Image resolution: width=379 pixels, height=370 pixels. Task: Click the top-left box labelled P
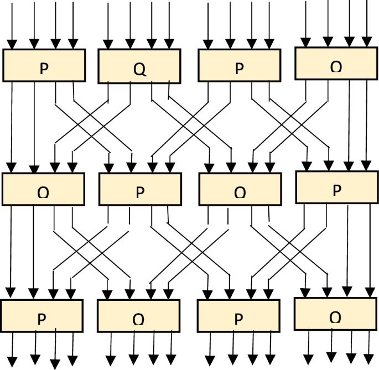pos(44,65)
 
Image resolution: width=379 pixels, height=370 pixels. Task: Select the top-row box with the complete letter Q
pos(140,66)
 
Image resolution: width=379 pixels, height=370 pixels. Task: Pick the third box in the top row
pos(239,66)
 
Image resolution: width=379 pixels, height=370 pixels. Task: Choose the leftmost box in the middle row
pos(43,189)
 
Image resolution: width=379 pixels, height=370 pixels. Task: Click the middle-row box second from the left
pos(139,189)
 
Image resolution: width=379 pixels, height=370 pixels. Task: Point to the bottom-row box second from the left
pos(138,316)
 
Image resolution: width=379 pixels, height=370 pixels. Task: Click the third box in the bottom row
pos(238,316)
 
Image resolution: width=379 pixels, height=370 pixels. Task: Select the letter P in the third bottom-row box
pos(238,320)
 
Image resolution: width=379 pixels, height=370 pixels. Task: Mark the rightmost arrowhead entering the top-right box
pos(367,42)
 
